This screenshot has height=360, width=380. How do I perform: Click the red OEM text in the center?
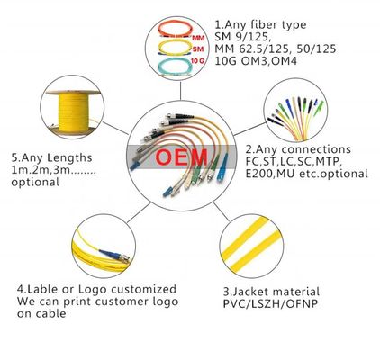pos(181,157)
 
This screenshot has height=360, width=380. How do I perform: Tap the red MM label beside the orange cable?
pos(198,39)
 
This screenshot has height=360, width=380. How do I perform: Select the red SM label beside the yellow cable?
pos(198,49)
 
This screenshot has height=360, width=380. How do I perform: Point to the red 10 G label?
pos(197,61)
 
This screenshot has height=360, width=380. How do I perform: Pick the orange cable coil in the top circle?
pos(175,29)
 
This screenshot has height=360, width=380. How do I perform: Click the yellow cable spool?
pos(73,113)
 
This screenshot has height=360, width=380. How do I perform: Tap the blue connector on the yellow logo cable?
pos(110,254)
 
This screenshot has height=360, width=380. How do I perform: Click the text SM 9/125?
pos(243,37)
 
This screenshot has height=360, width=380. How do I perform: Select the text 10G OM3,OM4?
pos(256,61)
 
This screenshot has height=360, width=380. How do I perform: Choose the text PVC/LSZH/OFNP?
pos(270,304)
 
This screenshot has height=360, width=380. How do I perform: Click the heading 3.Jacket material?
pos(271,292)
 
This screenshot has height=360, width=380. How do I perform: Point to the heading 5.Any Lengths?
pos(51,157)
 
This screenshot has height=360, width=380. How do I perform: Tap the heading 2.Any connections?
pos(298,149)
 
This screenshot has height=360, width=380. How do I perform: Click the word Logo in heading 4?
pos(92,290)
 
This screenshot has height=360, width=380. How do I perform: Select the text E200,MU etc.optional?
pos(306,174)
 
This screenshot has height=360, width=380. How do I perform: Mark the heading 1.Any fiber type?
pos(260,24)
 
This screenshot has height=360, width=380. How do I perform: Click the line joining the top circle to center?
pos(180,91)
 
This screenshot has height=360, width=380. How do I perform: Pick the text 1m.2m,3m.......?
pos(41,170)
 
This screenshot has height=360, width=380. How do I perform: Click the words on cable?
pos(41,314)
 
